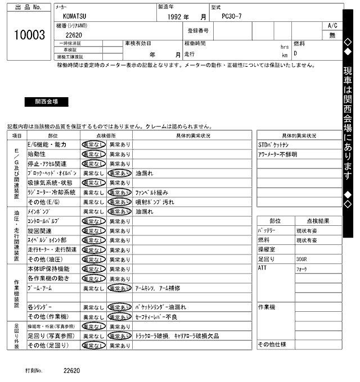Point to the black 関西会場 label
[46, 102]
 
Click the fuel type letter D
[295, 53]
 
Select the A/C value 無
[332, 35]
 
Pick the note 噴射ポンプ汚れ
[151, 202]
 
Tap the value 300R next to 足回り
[302, 260]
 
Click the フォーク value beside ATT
[302, 269]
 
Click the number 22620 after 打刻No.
[71, 371]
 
